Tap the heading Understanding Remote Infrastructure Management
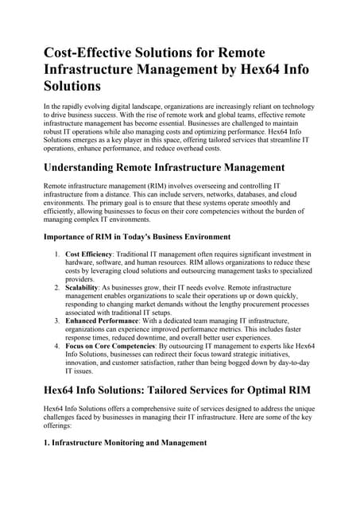point(164,168)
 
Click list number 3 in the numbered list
point(56,321)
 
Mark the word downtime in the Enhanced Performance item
point(157,337)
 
